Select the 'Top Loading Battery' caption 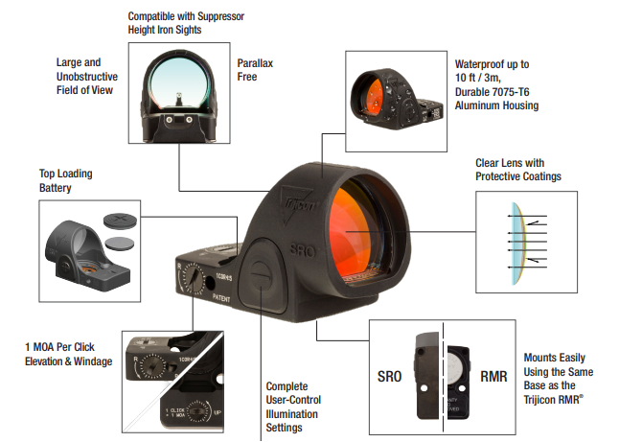pyautogui.click(x=69, y=181)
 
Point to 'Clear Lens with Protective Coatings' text pyautogui.click(x=518, y=170)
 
